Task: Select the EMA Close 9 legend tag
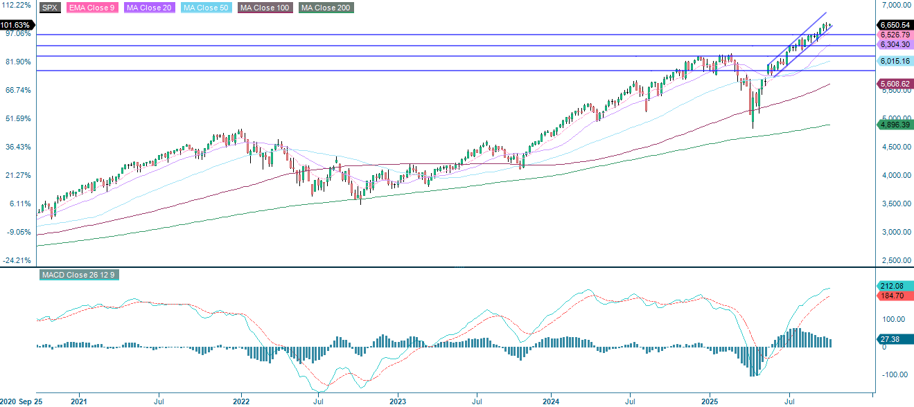(91, 8)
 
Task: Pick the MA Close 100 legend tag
(265, 8)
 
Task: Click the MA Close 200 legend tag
(326, 8)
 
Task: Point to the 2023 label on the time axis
(397, 401)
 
